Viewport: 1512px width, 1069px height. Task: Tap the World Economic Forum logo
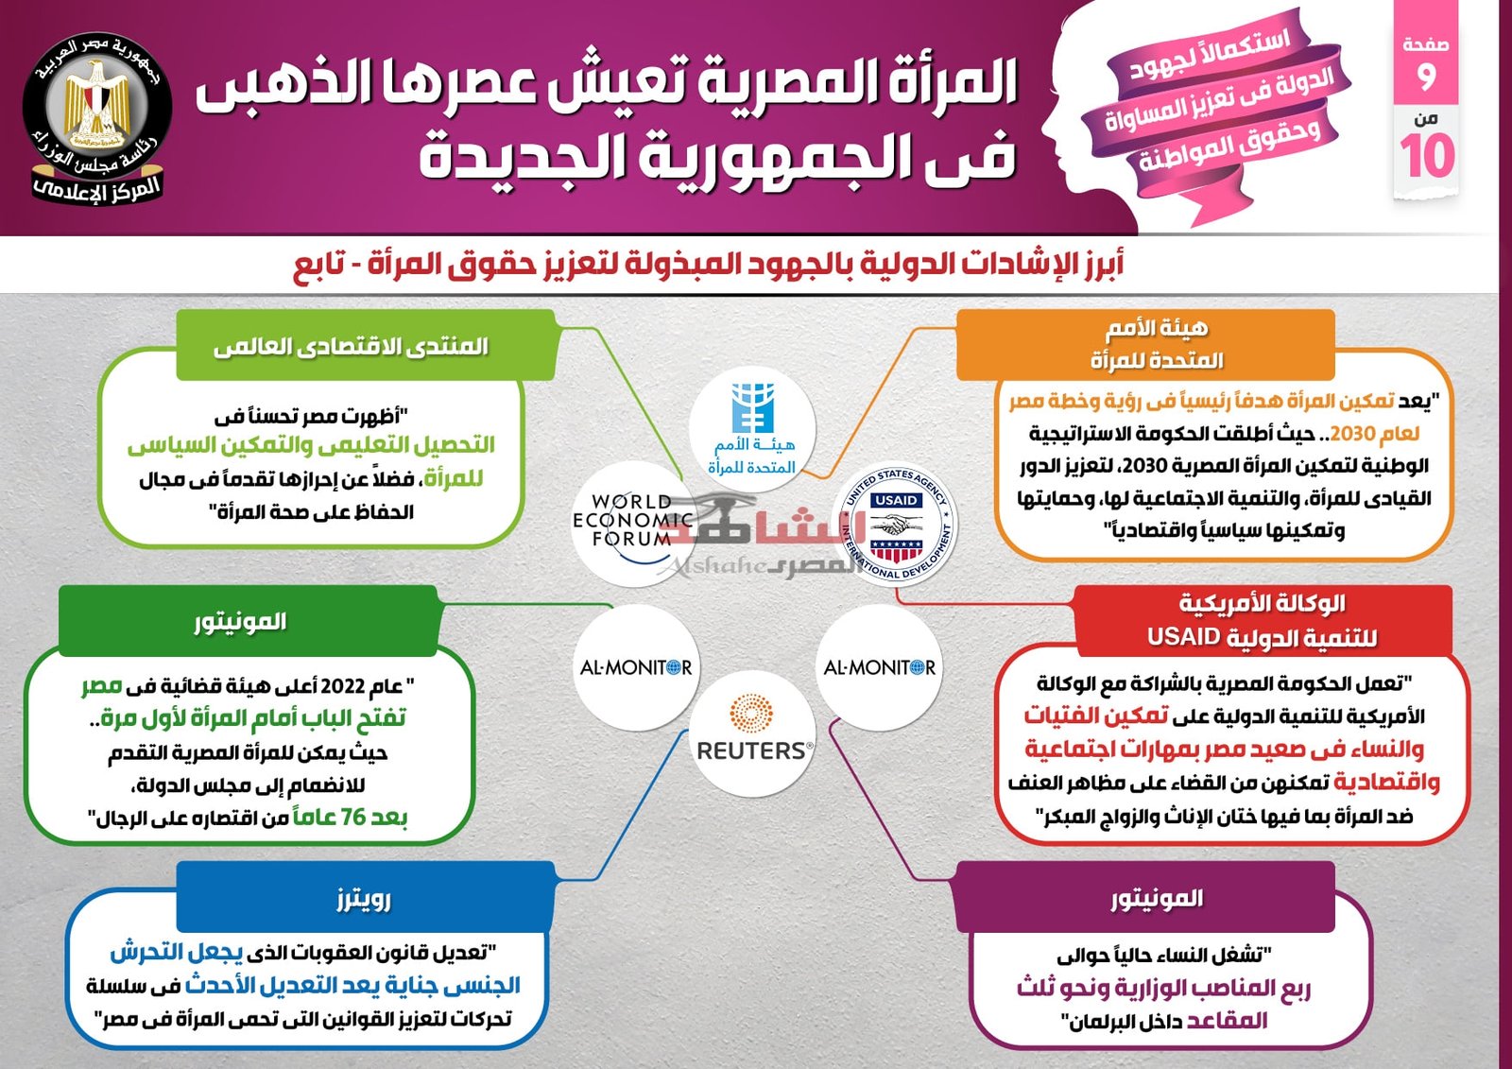633,524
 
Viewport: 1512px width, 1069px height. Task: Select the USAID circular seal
895,525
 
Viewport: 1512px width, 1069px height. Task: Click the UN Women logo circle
752,428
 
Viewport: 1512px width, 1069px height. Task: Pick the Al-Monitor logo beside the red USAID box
879,667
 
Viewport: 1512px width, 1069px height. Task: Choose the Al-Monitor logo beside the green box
636,667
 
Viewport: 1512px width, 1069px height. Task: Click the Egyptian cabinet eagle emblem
96,107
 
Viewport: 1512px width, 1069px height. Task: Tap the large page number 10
1427,156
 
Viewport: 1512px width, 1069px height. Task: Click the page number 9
1426,77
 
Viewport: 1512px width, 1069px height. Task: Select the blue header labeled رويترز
365,899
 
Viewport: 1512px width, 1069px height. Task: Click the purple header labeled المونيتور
1145,899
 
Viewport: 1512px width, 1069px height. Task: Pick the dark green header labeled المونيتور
249,621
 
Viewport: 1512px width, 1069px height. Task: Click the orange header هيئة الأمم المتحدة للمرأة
1145,344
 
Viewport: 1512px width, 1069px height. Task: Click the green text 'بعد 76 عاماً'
351,817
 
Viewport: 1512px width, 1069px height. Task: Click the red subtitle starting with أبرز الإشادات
708,264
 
